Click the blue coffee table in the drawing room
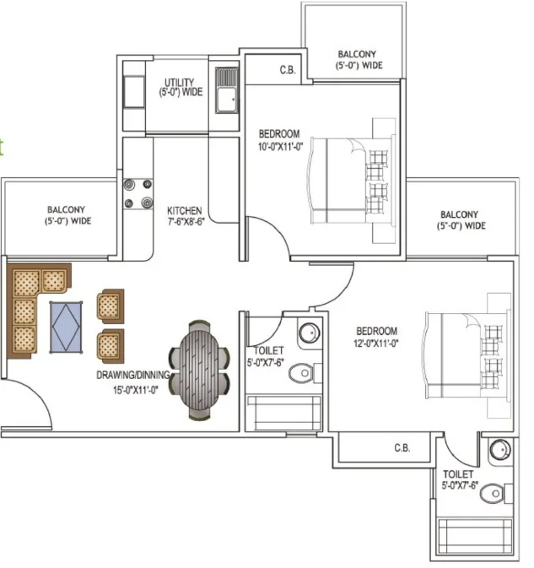pos(66,327)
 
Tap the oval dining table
pos(199,370)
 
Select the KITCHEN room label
pos(185,210)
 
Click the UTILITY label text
pos(179,82)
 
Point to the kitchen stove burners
pos(138,194)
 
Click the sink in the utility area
pos(227,90)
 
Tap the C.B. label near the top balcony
pos(288,69)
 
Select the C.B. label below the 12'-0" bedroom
pos(402,448)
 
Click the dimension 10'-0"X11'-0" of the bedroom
pos(281,147)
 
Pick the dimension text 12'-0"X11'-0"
pos(376,343)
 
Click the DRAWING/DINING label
pos(133,375)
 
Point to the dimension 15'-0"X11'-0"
pos(136,390)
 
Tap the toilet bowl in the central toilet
pos(302,373)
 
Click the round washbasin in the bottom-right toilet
pos(500,450)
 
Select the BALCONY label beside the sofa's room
pos(67,210)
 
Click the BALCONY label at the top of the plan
pos(357,54)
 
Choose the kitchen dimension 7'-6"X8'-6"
pos(186,221)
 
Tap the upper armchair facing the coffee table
pos(111,306)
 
